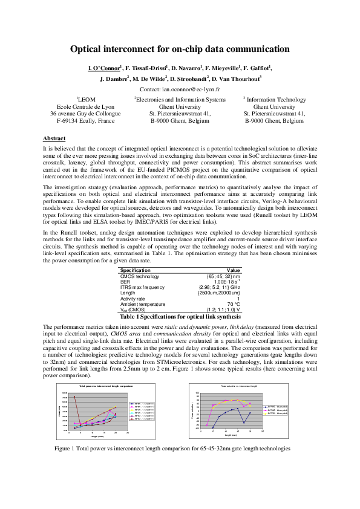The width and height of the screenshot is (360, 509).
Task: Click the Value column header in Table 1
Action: coord(233,270)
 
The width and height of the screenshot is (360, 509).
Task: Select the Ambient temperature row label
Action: coord(144,303)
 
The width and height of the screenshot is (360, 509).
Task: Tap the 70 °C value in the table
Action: coord(234,303)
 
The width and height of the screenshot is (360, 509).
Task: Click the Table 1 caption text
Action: coord(180,316)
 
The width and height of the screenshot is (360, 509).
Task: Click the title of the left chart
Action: coord(106,386)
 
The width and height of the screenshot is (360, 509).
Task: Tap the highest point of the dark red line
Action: coord(74,397)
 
